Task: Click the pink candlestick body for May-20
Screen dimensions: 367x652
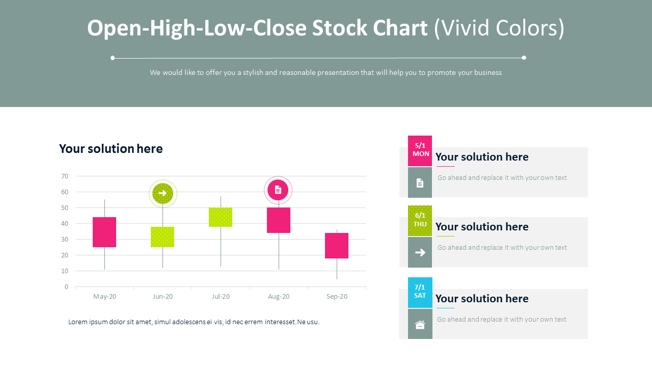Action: click(x=104, y=232)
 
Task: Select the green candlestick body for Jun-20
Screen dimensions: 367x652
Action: click(x=162, y=237)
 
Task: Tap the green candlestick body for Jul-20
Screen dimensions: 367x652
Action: click(x=221, y=217)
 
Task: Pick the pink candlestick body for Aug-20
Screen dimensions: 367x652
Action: click(x=279, y=220)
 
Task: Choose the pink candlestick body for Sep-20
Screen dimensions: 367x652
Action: click(x=337, y=246)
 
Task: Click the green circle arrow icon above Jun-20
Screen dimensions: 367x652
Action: click(x=162, y=193)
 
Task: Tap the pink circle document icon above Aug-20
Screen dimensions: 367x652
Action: click(x=278, y=190)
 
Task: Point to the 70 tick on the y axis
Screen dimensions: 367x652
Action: click(x=65, y=176)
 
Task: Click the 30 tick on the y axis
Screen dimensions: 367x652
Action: click(x=65, y=240)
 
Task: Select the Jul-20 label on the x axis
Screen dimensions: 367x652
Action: click(x=221, y=297)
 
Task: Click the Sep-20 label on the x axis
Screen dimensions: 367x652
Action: click(x=337, y=297)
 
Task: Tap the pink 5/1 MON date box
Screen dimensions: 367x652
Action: click(x=420, y=150)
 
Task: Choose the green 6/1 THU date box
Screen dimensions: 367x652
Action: click(x=420, y=220)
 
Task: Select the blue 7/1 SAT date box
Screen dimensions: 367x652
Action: click(x=420, y=292)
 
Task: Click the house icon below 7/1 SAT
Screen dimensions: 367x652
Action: click(x=420, y=325)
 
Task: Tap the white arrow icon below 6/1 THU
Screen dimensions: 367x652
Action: click(x=420, y=252)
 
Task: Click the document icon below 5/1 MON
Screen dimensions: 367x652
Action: click(x=420, y=183)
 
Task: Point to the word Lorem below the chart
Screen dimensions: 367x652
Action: click(x=78, y=322)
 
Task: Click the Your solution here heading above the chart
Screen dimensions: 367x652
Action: click(x=111, y=149)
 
